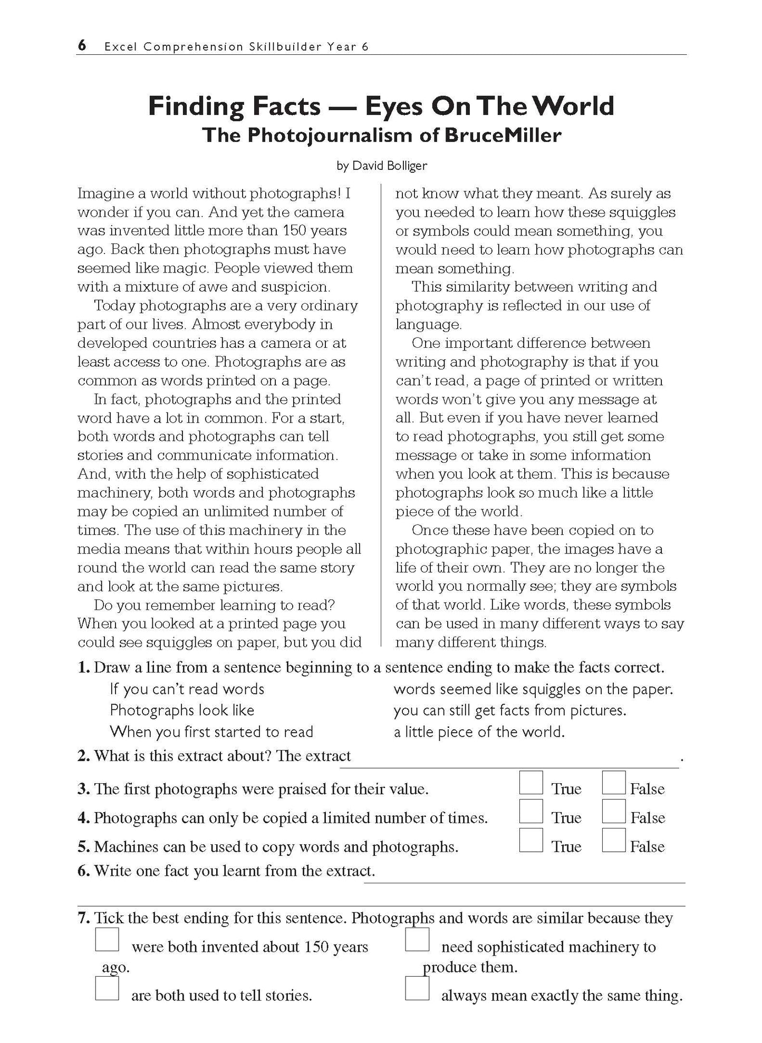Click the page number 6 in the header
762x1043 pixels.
82,46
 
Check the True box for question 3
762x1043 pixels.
530,783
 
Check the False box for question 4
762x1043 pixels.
613,811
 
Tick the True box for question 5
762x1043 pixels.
530,840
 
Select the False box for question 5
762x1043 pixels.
613,840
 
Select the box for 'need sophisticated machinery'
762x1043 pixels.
417,940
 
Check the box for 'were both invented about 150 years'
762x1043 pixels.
107,940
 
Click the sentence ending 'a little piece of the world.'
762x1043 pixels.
479,732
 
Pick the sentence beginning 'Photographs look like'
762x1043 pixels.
182,710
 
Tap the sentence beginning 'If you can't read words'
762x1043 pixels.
187,689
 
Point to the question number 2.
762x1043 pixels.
83,756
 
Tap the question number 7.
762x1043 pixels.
83,918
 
